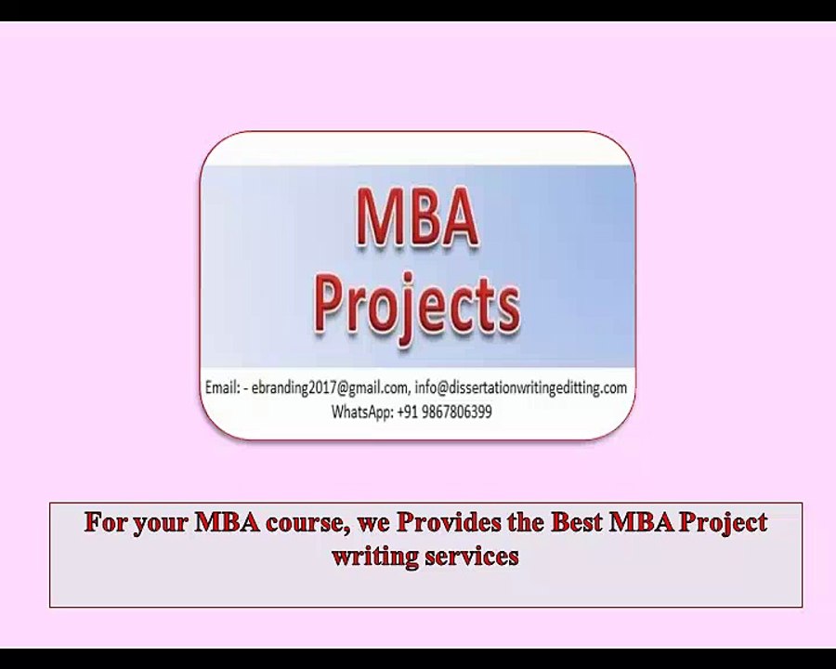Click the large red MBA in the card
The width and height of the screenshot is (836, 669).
pos(417,216)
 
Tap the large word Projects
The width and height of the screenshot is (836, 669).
pos(416,307)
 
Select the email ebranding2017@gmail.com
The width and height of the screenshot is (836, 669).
pos(329,388)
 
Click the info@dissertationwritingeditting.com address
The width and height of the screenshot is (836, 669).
pos(521,387)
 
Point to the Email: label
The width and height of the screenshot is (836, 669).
pos(222,387)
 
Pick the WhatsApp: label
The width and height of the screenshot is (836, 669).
pos(362,412)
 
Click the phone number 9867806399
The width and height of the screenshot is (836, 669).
pos(456,412)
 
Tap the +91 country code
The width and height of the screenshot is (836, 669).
pos(408,412)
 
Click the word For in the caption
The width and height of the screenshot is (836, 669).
pos(106,521)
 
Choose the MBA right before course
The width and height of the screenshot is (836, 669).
pos(227,521)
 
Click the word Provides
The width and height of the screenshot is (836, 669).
pos(449,521)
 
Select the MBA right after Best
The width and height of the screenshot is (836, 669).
pos(641,521)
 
